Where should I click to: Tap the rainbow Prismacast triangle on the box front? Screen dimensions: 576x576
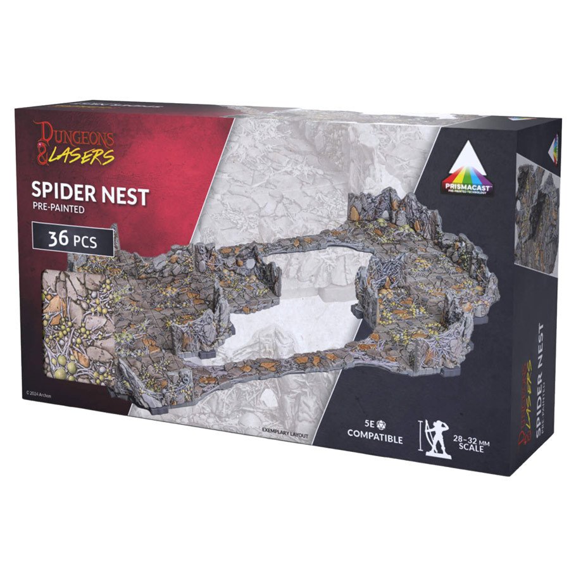(x=470, y=163)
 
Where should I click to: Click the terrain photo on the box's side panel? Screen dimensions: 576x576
(x=536, y=209)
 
